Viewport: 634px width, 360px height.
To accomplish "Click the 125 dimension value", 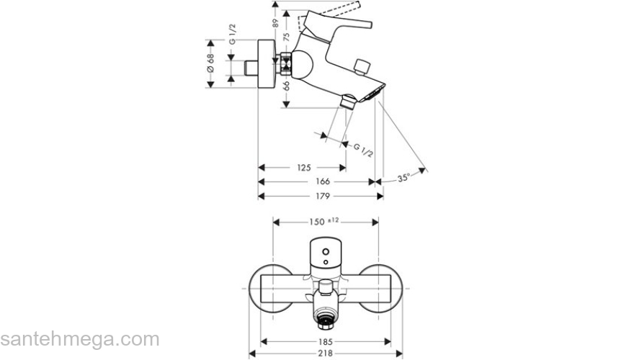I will pyautogui.click(x=303, y=168).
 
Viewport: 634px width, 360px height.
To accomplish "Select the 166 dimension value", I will pyautogui.click(x=322, y=182).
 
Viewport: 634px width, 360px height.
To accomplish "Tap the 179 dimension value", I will pyautogui.click(x=322, y=197).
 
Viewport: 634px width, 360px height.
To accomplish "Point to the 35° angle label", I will pyautogui.click(x=403, y=177).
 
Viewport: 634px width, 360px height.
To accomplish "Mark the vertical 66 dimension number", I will pyautogui.click(x=286, y=85).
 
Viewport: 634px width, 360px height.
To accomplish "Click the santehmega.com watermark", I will pyautogui.click(x=79, y=338).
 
